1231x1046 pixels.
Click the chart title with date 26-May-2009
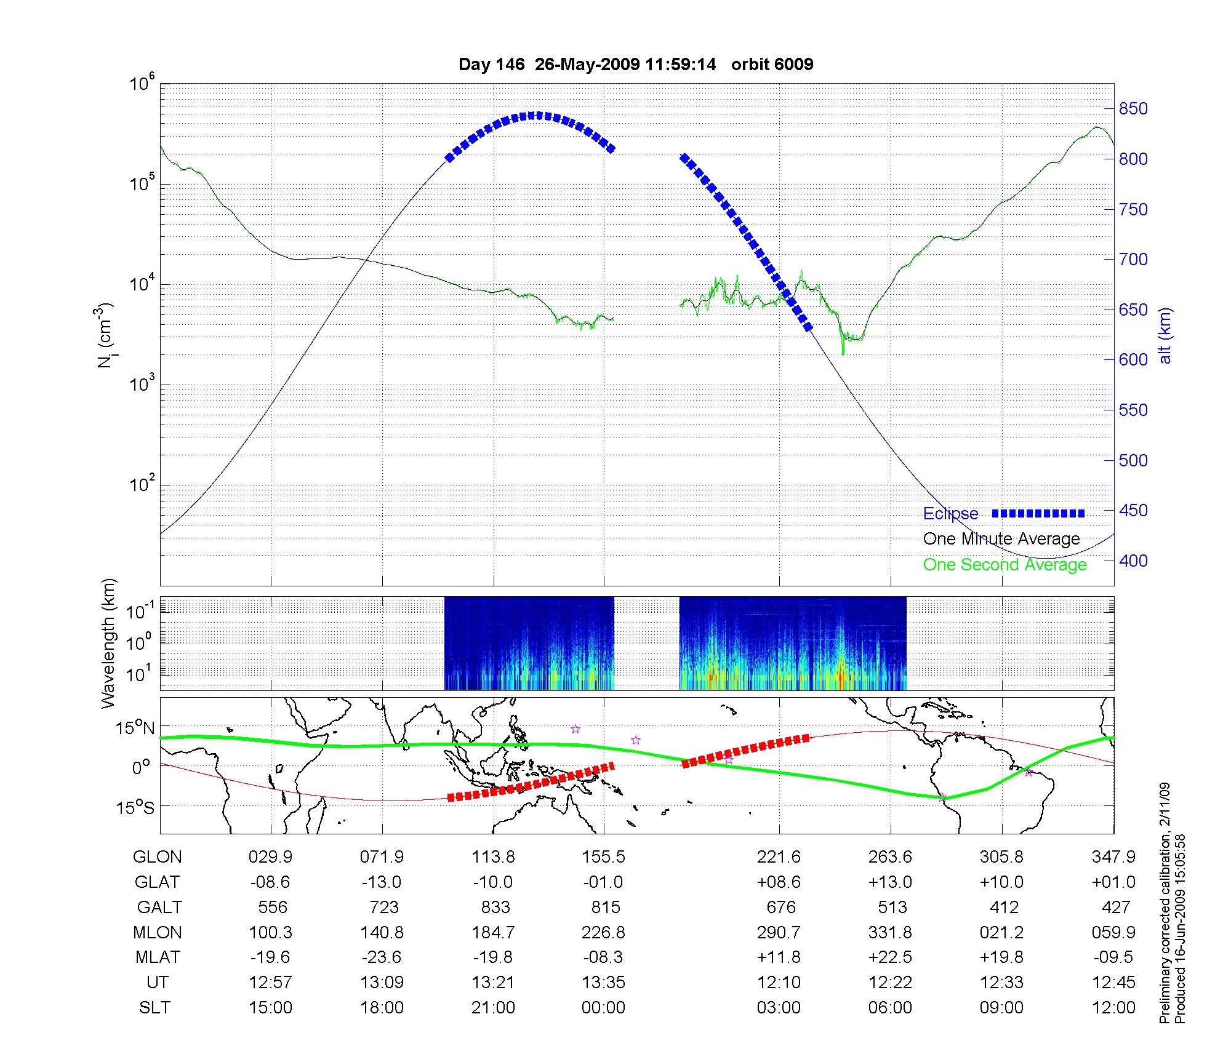pyautogui.click(x=636, y=65)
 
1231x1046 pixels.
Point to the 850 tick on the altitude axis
pyautogui.click(x=1133, y=109)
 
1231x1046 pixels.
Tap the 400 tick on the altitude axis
pyautogui.click(x=1133, y=561)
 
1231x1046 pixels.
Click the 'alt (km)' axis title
pyautogui.click(x=1165, y=335)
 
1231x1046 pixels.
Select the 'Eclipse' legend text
pyautogui.click(x=950, y=514)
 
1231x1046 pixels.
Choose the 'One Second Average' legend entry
pyautogui.click(x=1004, y=565)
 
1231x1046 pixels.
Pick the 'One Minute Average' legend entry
pyautogui.click(x=1001, y=539)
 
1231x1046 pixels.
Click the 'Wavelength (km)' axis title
pyautogui.click(x=108, y=643)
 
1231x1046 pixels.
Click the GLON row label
pyautogui.click(x=158, y=856)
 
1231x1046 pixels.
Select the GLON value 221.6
pyautogui.click(x=779, y=856)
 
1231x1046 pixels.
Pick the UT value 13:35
pyautogui.click(x=603, y=982)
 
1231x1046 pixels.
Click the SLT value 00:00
pyautogui.click(x=603, y=1007)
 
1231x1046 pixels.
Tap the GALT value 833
pyautogui.click(x=495, y=907)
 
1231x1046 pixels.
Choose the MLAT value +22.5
pyautogui.click(x=890, y=957)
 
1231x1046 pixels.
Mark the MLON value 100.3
pyautogui.click(x=270, y=932)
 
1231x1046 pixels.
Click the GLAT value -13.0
pyautogui.click(x=382, y=882)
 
